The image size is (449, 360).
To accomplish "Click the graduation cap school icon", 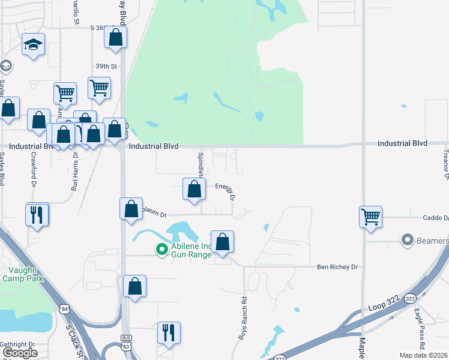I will pyautogui.click(x=34, y=46).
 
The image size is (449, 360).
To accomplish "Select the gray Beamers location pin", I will pyautogui.click(x=408, y=241).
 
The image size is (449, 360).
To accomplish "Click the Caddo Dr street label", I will pyautogui.click(x=439, y=218).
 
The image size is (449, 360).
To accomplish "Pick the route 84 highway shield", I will pyautogui.click(x=64, y=309).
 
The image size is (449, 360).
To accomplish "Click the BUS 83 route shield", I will pyautogui.click(x=125, y=343).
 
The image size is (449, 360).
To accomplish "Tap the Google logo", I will pyautogui.click(x=20, y=353).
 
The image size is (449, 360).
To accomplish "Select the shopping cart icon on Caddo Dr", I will pyautogui.click(x=370, y=217).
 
